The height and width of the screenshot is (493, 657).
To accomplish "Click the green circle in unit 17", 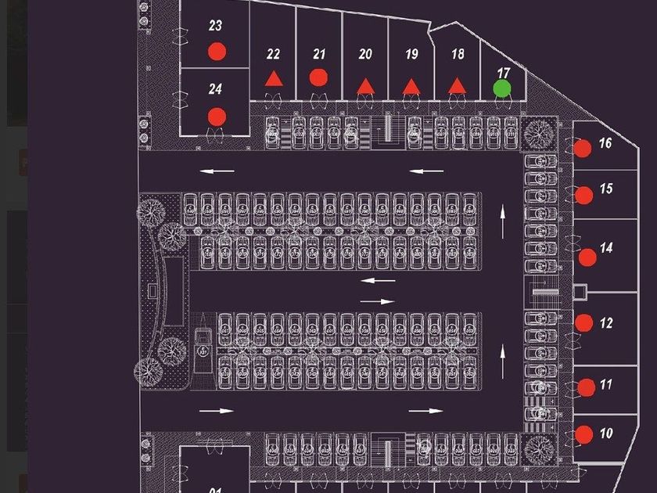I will click(503, 88).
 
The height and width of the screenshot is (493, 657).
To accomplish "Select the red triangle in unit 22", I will click(273, 78).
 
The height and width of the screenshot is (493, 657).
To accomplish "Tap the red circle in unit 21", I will click(318, 77).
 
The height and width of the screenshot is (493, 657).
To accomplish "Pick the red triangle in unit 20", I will click(365, 86).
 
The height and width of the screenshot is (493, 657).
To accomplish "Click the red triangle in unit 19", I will click(411, 86).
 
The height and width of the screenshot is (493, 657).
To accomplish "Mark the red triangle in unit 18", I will click(458, 85).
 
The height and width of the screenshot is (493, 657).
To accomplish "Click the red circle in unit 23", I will click(217, 52).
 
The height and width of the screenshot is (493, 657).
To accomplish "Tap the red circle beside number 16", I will click(582, 147).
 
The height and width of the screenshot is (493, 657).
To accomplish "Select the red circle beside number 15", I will click(583, 196).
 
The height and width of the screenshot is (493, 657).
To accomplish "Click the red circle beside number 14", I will click(587, 257).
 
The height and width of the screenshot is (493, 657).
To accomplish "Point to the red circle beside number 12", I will click(583, 322).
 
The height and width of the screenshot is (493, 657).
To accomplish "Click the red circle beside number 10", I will click(583, 434).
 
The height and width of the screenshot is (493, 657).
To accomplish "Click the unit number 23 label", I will click(216, 26).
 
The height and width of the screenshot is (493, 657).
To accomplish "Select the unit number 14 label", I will click(606, 248).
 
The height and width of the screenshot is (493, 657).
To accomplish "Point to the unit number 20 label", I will click(365, 54).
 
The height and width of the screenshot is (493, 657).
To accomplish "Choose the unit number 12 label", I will click(606, 322).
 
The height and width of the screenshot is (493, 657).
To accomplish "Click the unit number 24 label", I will click(216, 89).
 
